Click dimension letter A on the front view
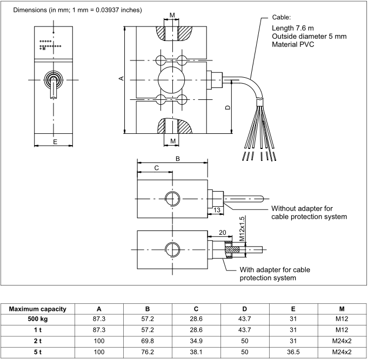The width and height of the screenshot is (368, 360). tap(122, 78)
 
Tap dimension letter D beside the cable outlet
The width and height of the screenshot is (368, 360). tap(228, 107)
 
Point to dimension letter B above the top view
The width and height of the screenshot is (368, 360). tap(176, 158)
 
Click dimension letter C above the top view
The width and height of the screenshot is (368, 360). tap(156, 168)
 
